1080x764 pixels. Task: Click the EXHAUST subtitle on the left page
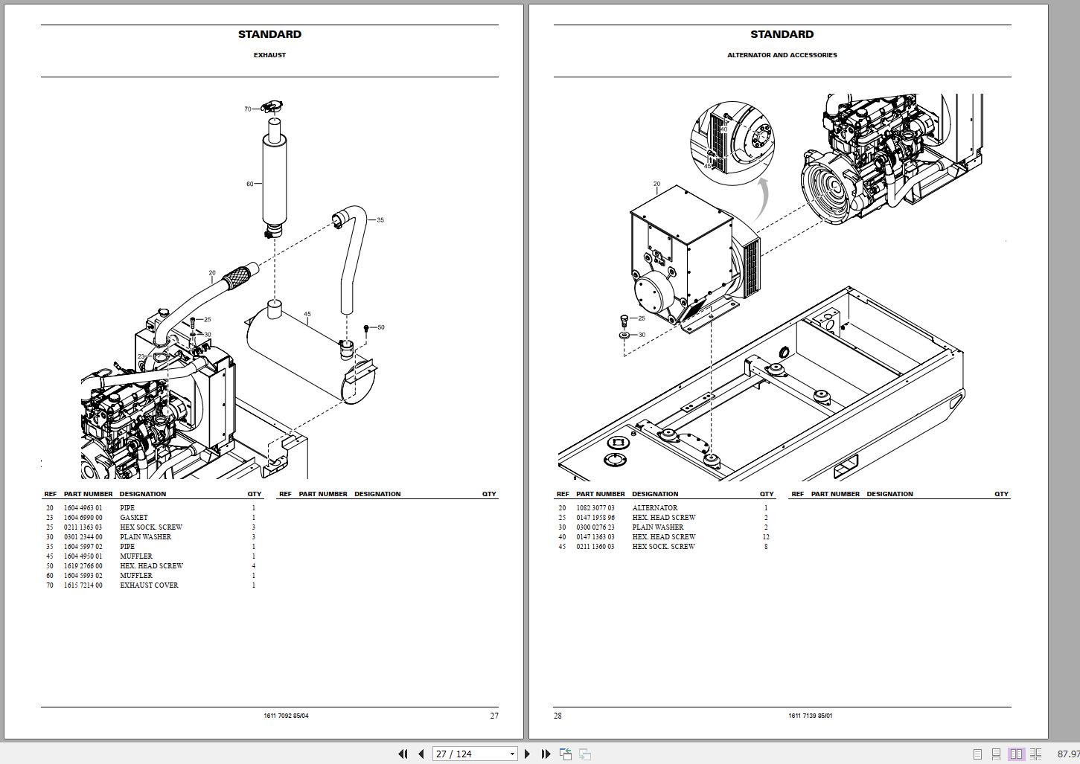click(269, 55)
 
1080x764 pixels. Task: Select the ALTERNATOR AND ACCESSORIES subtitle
click(782, 55)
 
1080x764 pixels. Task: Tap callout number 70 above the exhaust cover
click(248, 109)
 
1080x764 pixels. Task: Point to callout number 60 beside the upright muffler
click(250, 184)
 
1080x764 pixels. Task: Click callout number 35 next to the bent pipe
click(380, 220)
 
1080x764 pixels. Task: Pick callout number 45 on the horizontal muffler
click(307, 315)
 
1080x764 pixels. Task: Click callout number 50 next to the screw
click(381, 327)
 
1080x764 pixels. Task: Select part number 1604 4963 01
click(83, 508)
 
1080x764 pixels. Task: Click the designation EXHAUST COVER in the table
click(149, 585)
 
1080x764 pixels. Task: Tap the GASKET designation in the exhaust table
click(134, 518)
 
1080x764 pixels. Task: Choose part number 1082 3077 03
click(595, 508)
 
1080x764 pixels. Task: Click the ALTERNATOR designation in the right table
click(655, 508)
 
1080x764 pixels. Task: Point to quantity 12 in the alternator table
click(766, 537)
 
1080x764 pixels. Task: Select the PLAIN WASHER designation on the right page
click(658, 527)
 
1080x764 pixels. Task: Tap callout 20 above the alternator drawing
click(656, 184)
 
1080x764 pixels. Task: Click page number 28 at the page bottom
click(557, 716)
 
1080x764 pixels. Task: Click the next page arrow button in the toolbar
click(528, 754)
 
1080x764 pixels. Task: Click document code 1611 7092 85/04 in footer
click(286, 716)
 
